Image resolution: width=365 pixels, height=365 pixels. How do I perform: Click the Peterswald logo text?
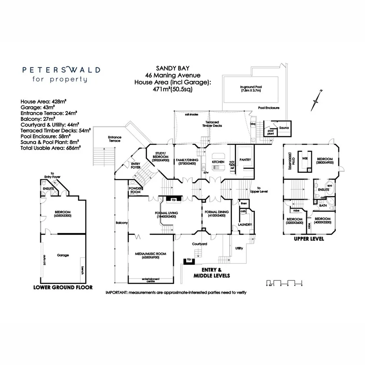[61, 70]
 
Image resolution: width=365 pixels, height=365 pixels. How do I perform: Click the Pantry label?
[245, 160]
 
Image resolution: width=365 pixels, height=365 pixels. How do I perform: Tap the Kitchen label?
[218, 162]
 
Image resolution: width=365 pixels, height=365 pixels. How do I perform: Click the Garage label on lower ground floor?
[63, 255]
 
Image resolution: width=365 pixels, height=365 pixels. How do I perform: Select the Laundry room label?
[245, 224]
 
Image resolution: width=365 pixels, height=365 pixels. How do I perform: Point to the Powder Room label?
[135, 191]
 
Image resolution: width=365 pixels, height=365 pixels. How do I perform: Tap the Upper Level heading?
[309, 239]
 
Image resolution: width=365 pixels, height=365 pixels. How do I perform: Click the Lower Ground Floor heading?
[63, 287]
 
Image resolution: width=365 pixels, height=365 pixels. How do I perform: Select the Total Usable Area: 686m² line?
[50, 148]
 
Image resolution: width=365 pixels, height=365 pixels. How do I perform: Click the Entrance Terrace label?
[114, 139]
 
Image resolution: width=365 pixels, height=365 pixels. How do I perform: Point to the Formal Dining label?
[217, 212]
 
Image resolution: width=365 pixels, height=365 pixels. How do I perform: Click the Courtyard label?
[200, 244]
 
